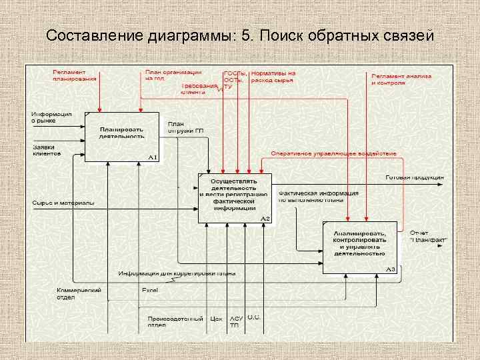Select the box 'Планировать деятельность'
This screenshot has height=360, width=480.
point(122,137)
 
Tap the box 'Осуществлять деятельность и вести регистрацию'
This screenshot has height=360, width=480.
point(235,194)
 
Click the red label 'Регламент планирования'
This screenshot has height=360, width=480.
point(75,75)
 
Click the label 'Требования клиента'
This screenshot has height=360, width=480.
point(200,89)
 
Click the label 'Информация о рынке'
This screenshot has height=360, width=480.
point(51,117)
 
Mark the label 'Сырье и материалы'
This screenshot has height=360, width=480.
point(63,202)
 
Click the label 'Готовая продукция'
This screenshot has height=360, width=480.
point(415,177)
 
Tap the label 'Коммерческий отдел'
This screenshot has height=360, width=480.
point(79,293)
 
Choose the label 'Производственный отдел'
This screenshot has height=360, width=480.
point(175,322)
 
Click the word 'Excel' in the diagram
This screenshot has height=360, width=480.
point(149,290)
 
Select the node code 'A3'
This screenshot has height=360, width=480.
point(391,269)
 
